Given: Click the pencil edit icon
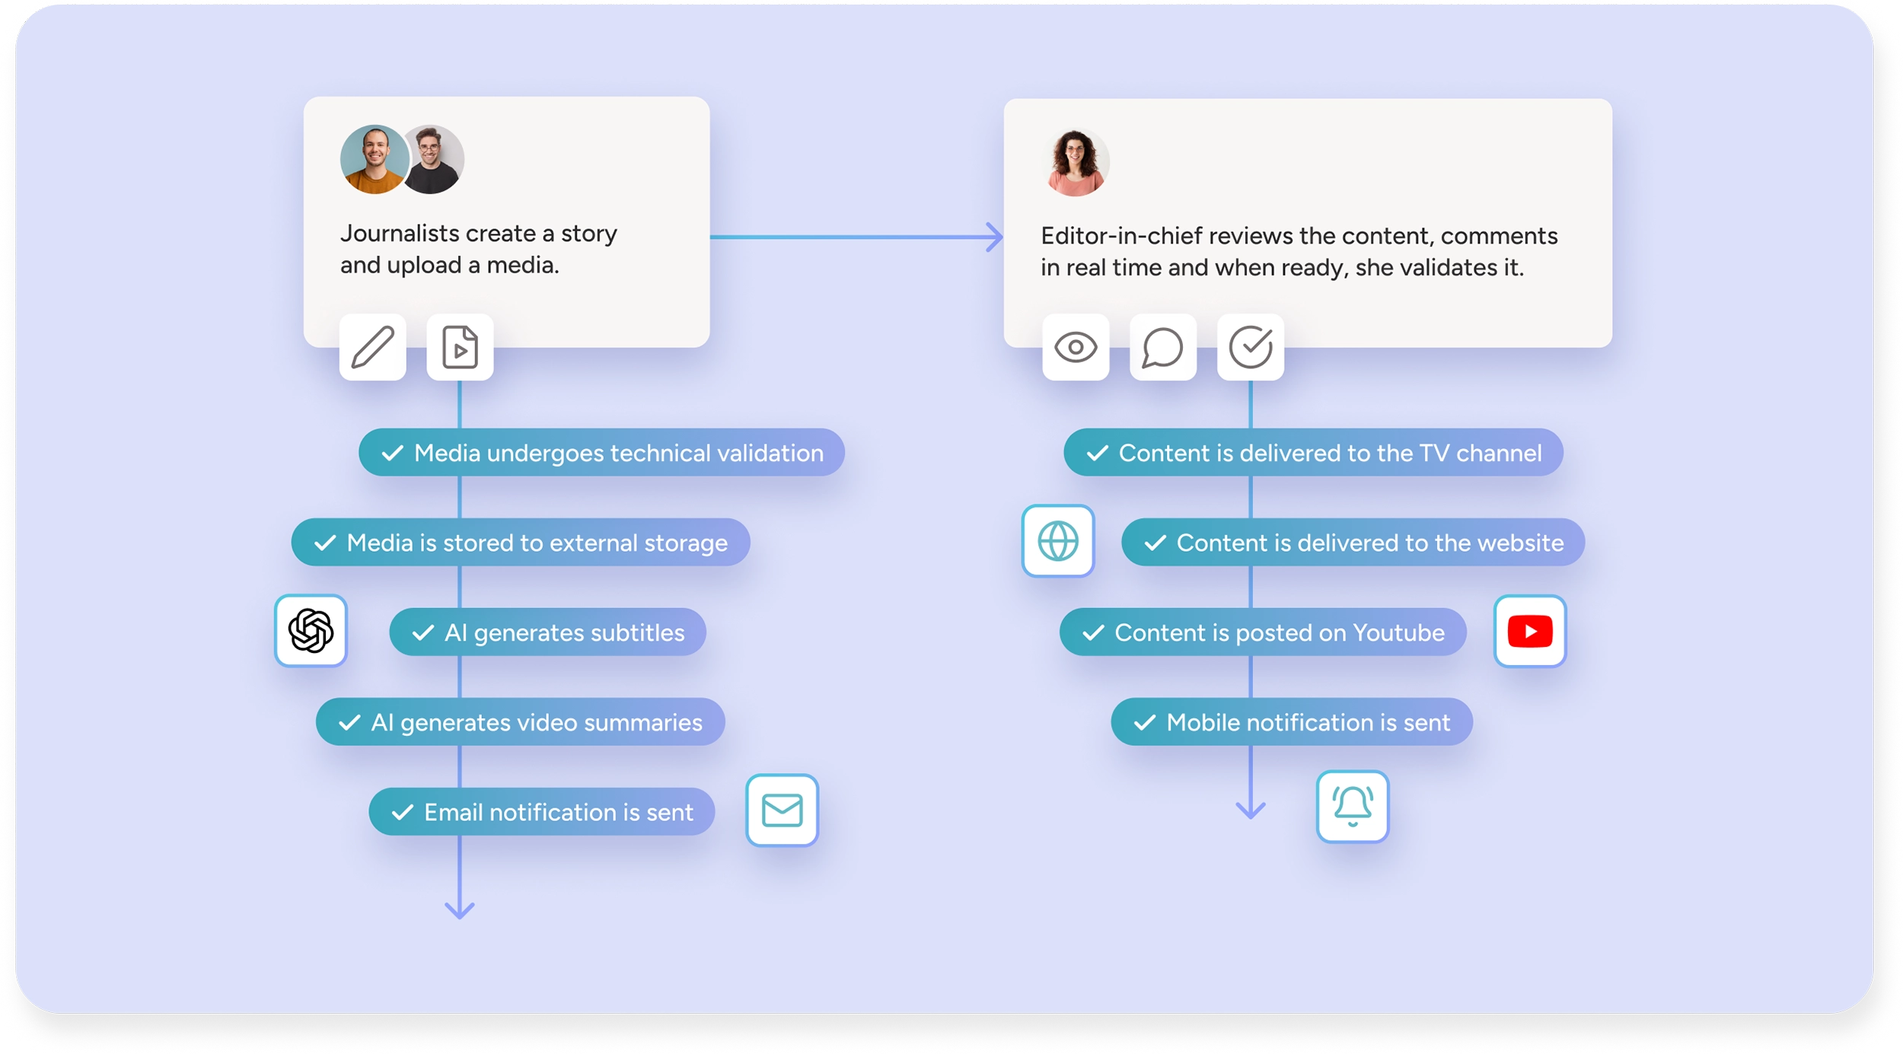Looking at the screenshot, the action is click(x=372, y=347).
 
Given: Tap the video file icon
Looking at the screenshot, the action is click(x=460, y=347).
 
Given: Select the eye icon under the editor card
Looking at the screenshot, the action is click(x=1075, y=347).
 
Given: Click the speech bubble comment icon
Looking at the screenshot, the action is click(x=1162, y=348).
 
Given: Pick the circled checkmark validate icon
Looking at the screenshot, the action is click(x=1250, y=347).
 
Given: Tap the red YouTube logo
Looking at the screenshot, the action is click(x=1529, y=631).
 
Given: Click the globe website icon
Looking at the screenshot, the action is click(x=1057, y=541).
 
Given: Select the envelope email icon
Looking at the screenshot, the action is click(x=782, y=810).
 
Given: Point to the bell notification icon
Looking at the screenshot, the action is click(x=1352, y=806).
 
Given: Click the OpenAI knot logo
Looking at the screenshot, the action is click(x=311, y=631).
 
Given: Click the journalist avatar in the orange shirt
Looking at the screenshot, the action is click(x=374, y=159).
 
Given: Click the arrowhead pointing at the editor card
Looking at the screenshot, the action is click(x=995, y=237).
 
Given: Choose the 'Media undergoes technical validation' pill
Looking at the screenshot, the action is click(x=601, y=453).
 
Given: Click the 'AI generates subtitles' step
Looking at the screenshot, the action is click(x=547, y=632).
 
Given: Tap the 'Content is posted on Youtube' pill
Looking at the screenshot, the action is click(x=1263, y=632).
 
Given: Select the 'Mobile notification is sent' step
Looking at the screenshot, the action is click(x=1292, y=722).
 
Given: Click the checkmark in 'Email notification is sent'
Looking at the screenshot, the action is click(x=402, y=813).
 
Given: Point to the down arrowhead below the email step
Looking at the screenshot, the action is click(x=459, y=910).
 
